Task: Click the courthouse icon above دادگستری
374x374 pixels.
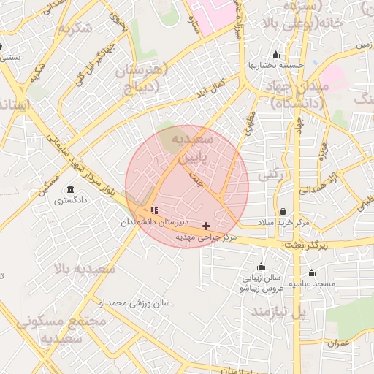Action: click(70, 188)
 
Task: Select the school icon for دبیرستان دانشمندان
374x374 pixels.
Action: click(154, 210)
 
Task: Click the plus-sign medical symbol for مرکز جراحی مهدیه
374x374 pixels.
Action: click(207, 226)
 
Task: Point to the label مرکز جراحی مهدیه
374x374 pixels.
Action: click(205, 237)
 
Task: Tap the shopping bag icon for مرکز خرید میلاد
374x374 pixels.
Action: click(283, 211)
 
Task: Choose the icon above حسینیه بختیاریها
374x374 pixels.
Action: click(275, 55)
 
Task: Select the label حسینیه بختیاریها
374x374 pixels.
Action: click(275, 65)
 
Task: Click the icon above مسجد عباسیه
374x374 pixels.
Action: click(311, 272)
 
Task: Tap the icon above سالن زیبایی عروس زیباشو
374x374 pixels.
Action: click(261, 267)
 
